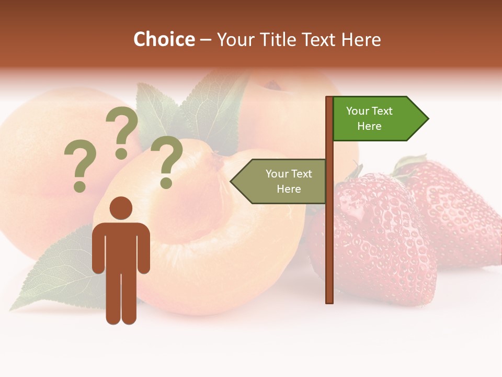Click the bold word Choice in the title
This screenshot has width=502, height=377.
[x=164, y=39]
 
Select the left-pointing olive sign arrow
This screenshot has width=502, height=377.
[x=280, y=181]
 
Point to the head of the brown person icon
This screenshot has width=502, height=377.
[x=121, y=208]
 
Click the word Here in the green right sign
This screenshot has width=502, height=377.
[x=369, y=126]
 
